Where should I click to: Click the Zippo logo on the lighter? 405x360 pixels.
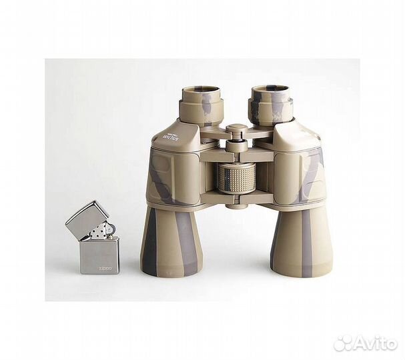[x=106, y=269]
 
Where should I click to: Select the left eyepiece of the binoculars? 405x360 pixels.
[x=200, y=103]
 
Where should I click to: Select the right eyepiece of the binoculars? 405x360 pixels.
[x=271, y=103]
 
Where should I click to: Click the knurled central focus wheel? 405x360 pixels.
[x=236, y=178]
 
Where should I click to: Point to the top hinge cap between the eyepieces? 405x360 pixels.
[x=236, y=129]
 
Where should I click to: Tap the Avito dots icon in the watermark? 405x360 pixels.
[x=343, y=343]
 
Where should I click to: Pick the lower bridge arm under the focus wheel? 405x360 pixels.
[x=236, y=198]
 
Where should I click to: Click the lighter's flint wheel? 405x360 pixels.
[x=109, y=229]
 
